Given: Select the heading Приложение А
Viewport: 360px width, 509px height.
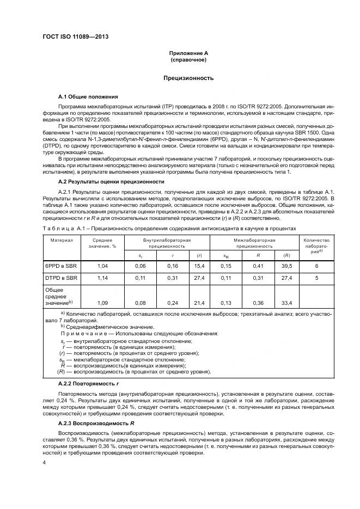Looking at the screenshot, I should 188,53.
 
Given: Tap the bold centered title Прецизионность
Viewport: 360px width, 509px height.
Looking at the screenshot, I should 188,78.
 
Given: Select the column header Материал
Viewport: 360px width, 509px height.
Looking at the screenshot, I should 62,240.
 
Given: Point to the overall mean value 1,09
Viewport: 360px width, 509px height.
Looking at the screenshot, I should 102,302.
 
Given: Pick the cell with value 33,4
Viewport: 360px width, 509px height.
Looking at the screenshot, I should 286,302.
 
